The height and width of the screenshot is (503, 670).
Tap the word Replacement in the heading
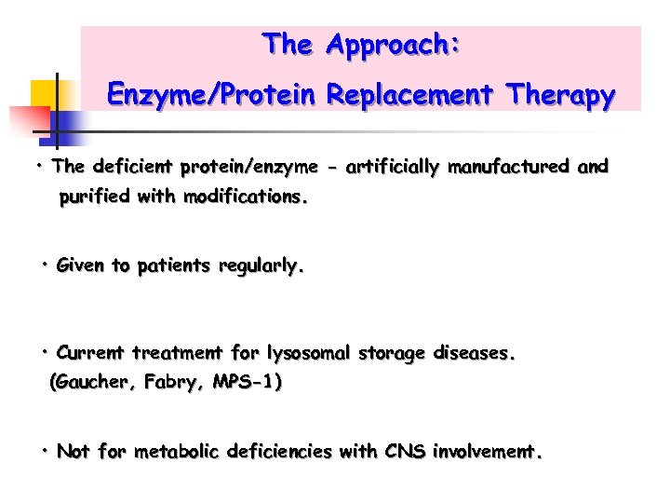pyautogui.click(x=414, y=95)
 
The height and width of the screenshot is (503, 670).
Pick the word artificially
pyautogui.click(x=394, y=168)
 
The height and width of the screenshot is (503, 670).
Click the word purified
pyautogui.click(x=93, y=197)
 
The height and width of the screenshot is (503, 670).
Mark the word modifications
pyautogui.click(x=246, y=197)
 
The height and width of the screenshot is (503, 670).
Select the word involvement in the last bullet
pyautogui.click(x=487, y=453)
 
